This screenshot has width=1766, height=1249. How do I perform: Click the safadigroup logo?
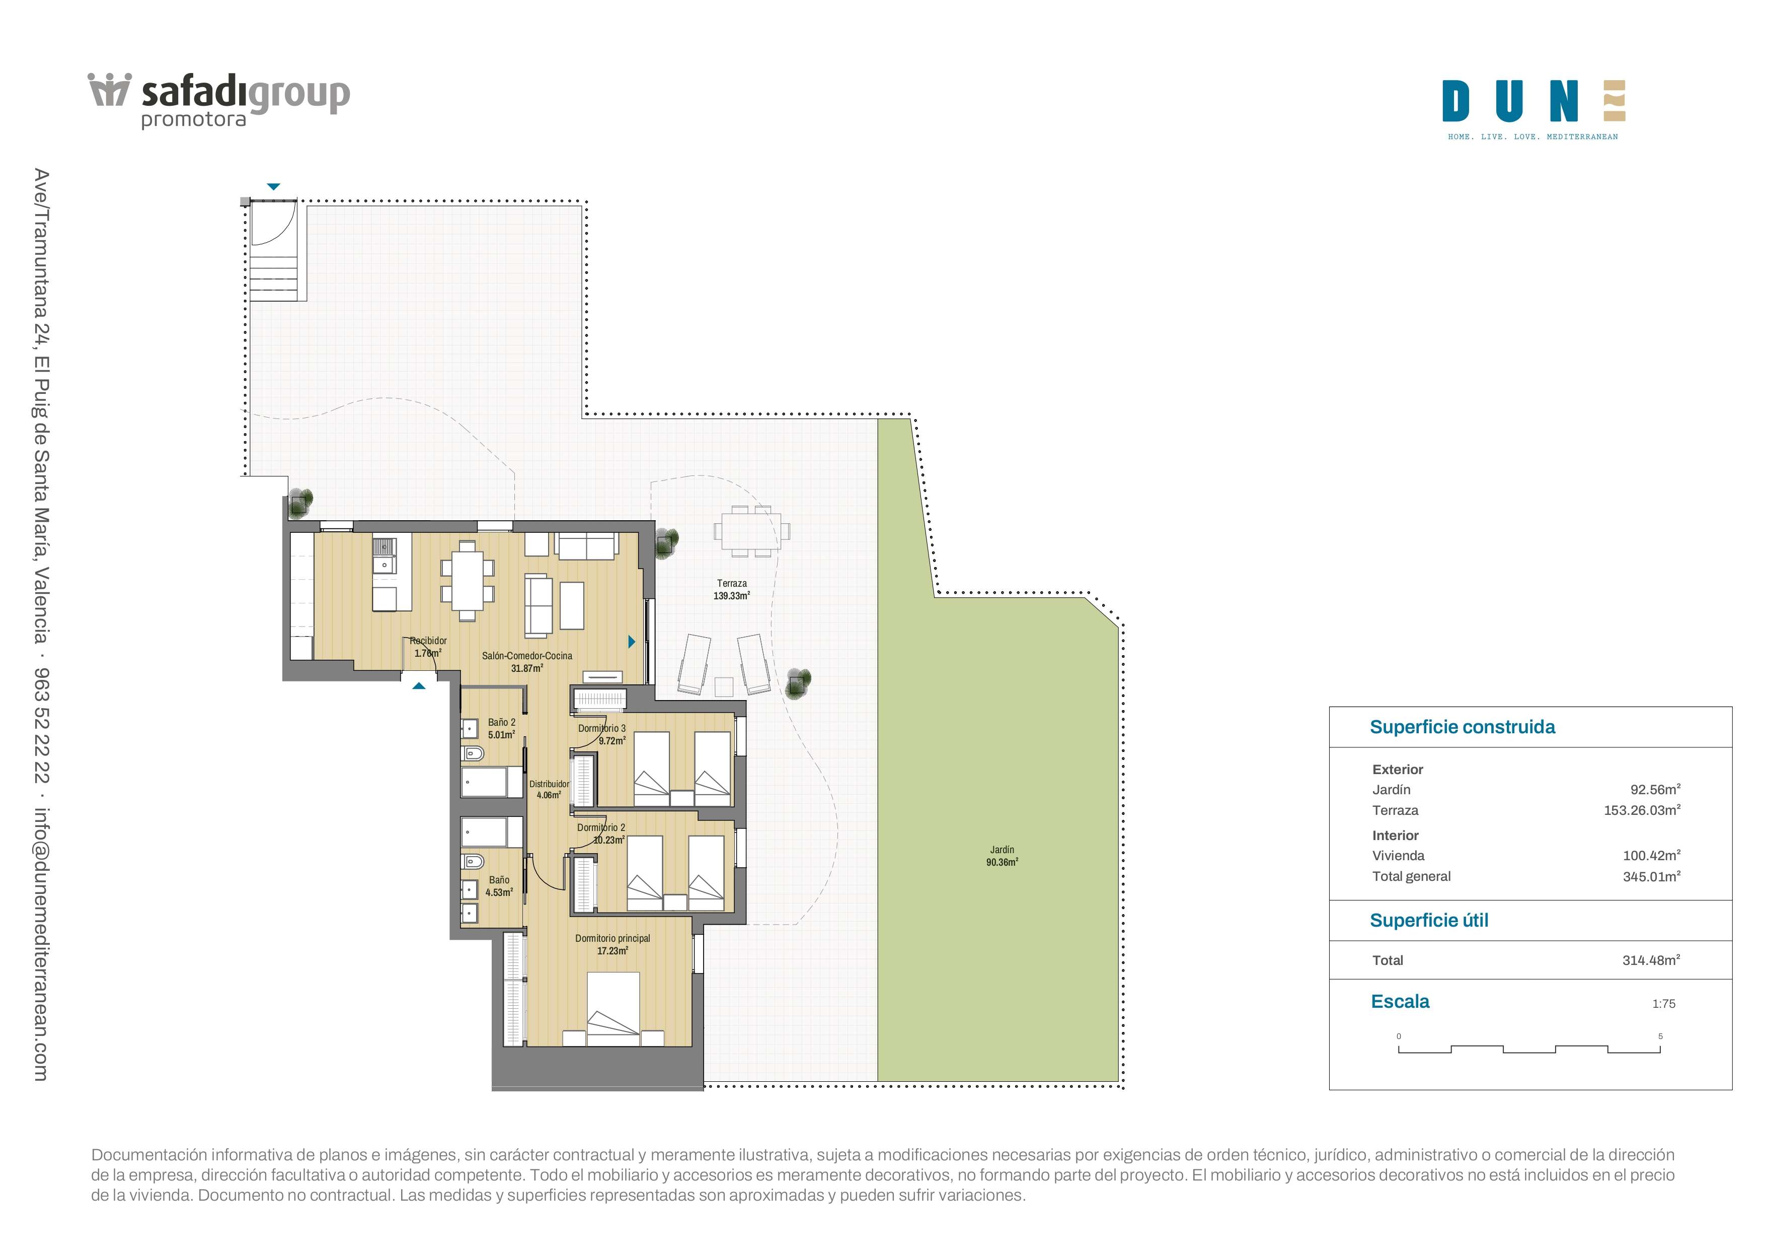[x=219, y=100]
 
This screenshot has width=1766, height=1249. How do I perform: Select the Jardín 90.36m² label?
[x=1002, y=856]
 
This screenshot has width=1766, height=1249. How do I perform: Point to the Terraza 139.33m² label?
[x=731, y=589]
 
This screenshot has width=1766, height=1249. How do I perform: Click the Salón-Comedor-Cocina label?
[x=527, y=662]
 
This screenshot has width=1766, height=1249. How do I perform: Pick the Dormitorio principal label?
[x=612, y=944]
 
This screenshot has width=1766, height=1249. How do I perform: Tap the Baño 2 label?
[x=501, y=728]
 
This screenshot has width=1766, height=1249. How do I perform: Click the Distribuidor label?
[x=549, y=790]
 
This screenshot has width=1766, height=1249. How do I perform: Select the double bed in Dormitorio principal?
[x=613, y=1009]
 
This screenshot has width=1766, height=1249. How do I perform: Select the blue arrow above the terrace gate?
[x=273, y=186]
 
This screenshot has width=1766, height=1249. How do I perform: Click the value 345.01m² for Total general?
[x=1651, y=876]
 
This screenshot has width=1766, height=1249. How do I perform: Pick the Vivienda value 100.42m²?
[x=1651, y=856]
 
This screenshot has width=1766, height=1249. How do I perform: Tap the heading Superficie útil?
[x=1429, y=921]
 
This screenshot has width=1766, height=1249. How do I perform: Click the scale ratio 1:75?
[x=1664, y=1004]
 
